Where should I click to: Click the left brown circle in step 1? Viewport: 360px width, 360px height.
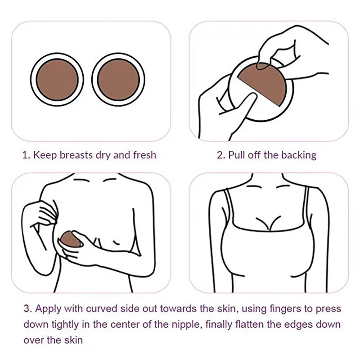point(58,80)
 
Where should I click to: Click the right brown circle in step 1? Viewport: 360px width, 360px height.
point(118,80)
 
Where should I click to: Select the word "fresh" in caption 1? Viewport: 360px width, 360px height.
point(144,155)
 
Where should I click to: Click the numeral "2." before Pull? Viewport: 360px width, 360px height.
point(221,155)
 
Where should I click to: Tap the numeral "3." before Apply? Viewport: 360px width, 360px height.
point(28,309)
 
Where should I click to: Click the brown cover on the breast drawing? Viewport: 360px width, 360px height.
point(70,239)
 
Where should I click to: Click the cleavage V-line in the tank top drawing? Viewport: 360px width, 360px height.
point(268,222)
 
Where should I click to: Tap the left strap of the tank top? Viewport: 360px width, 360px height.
point(229,206)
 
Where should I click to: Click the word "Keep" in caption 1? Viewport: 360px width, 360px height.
point(45,155)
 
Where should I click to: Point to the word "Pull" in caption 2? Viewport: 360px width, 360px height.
point(237,155)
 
